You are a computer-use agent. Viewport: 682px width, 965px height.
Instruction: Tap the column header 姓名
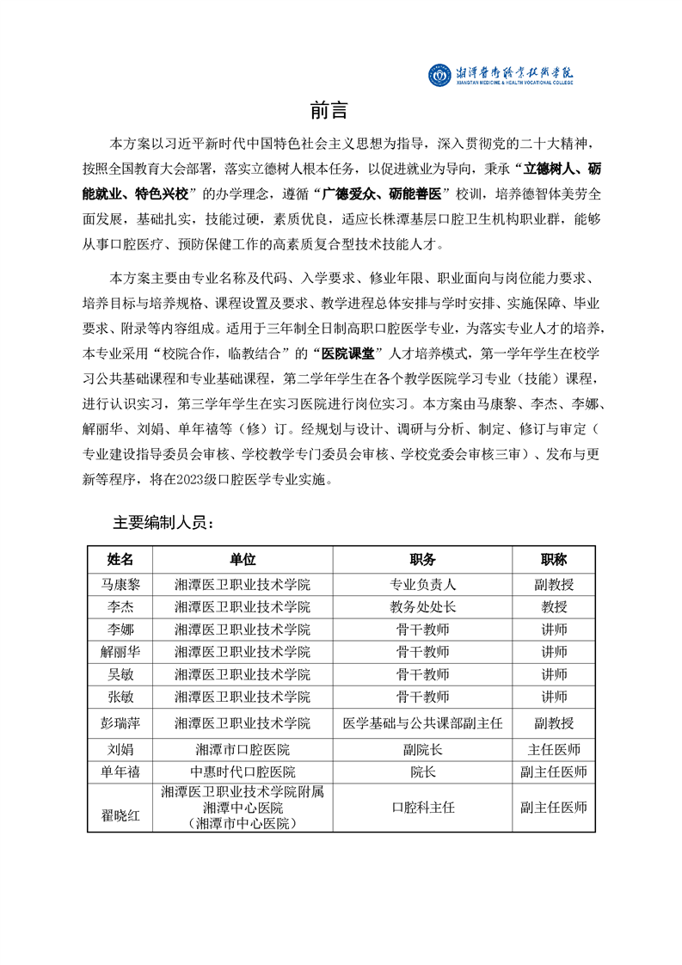pyautogui.click(x=120, y=559)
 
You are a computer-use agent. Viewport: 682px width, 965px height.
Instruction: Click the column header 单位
pyautogui.click(x=243, y=559)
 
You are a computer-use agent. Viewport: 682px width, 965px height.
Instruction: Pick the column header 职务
pyautogui.click(x=422, y=559)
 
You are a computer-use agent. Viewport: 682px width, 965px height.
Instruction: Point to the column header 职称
pyautogui.click(x=554, y=559)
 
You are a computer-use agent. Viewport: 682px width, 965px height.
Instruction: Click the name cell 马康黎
pyautogui.click(x=120, y=584)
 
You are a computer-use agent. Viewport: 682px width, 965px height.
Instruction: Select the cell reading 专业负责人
pyautogui.click(x=422, y=584)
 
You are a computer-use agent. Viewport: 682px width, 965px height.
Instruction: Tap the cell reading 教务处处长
pyautogui.click(x=422, y=606)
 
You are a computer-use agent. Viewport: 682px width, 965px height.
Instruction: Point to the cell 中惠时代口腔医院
pyautogui.click(x=243, y=771)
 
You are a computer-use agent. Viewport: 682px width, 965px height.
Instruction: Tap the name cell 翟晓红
pyautogui.click(x=120, y=808)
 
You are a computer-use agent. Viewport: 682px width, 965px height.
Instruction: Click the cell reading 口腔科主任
pyautogui.click(x=422, y=808)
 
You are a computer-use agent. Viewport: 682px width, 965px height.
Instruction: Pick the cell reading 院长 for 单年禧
pyautogui.click(x=422, y=771)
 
